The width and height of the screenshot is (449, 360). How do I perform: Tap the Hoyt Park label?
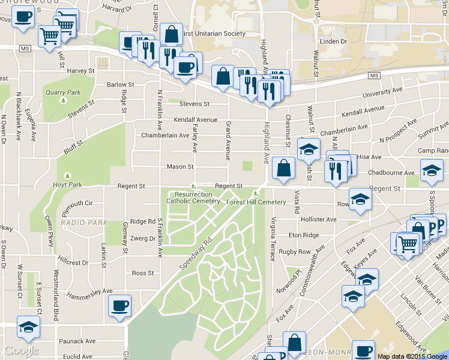point(66,184)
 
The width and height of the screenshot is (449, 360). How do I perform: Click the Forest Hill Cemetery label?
point(265,202)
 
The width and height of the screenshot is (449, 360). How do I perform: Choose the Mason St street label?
point(180,166)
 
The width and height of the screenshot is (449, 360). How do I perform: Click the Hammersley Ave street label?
point(91,291)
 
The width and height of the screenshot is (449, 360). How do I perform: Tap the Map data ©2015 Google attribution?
point(412,356)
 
